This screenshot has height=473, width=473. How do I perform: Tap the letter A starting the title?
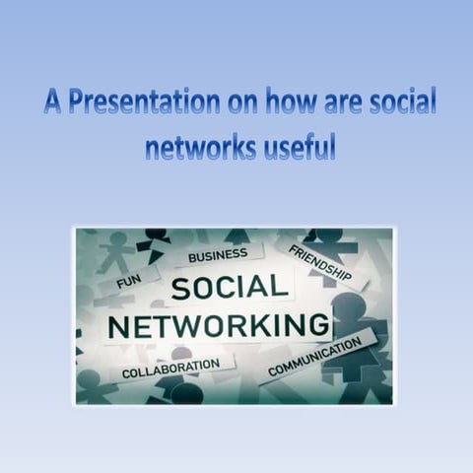[x=52, y=103]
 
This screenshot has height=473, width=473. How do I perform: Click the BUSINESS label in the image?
[x=218, y=256]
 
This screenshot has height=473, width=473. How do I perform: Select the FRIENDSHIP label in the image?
[x=319, y=264]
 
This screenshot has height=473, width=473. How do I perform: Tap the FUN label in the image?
[x=128, y=283]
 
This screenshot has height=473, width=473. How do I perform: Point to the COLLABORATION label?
[x=170, y=370]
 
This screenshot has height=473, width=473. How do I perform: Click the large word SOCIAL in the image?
[x=230, y=289]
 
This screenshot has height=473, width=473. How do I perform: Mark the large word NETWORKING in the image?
[x=218, y=326]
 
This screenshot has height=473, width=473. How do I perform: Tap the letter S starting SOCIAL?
[x=181, y=289]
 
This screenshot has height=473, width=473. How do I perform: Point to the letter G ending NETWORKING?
[x=317, y=326]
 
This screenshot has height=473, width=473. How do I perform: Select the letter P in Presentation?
[x=76, y=103]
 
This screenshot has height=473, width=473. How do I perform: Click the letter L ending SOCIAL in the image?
[x=281, y=289]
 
